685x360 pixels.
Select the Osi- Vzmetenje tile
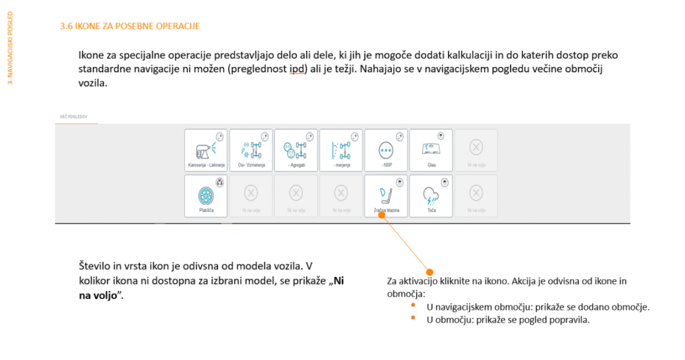point(250,151)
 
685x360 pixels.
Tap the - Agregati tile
point(295,151)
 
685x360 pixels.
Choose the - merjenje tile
point(340,151)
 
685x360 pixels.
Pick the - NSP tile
point(386,151)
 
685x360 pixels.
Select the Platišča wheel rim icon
point(205,194)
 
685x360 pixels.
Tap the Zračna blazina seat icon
point(386,194)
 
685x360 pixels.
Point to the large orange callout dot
point(429,272)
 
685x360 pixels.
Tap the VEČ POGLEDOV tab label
point(74,117)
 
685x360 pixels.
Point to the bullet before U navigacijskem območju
point(413,306)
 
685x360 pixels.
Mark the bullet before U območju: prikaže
point(413,319)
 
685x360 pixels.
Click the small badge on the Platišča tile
point(220,181)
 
